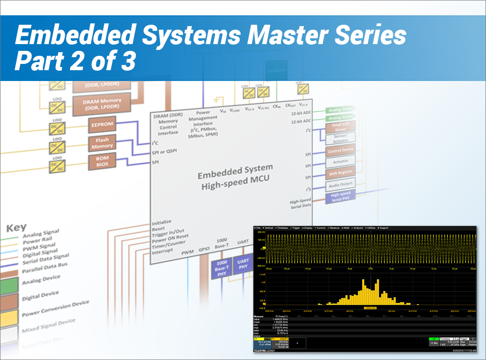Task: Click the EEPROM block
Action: point(102,125)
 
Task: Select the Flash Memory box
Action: point(103,143)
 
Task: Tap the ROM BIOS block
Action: point(102,161)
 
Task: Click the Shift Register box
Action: point(340,172)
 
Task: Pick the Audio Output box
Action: point(341,184)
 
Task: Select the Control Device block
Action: point(340,150)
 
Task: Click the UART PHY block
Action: point(243,264)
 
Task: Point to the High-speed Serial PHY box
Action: point(341,196)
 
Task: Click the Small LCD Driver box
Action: point(340,127)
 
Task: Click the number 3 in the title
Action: point(127,62)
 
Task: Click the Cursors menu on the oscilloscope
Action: point(320,228)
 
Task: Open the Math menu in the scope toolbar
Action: point(346,228)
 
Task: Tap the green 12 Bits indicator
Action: point(433,343)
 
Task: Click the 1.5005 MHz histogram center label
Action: point(370,308)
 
